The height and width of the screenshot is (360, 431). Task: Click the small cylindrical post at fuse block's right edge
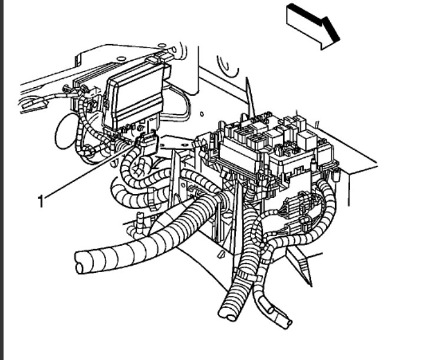point(336,174)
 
